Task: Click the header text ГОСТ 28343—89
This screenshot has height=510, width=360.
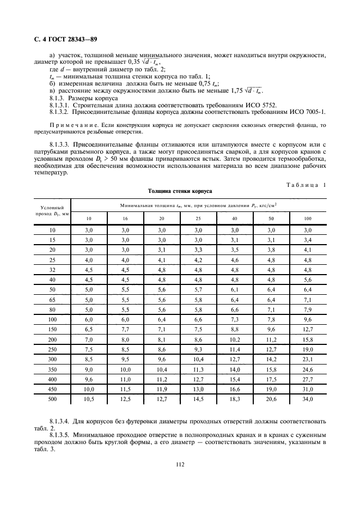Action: (67, 40)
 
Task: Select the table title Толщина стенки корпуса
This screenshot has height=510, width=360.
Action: (179, 192)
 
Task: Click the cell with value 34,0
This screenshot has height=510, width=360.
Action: (308, 399)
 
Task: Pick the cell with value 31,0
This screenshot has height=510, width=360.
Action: (308, 390)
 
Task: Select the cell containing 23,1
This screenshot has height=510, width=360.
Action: (308, 360)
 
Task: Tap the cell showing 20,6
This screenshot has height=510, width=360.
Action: (271, 399)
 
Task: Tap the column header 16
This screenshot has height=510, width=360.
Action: (126, 218)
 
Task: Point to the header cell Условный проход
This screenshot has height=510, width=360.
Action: (53, 211)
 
